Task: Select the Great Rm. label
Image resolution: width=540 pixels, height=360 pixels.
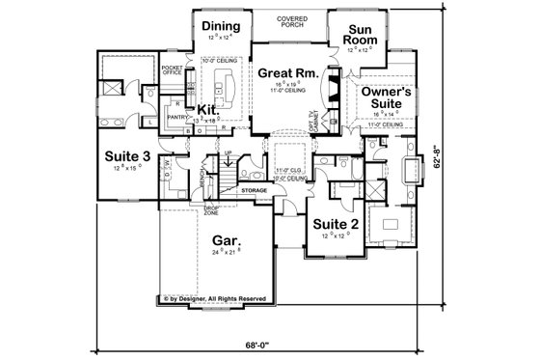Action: [282, 71]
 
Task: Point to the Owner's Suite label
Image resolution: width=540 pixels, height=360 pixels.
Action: [387, 97]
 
